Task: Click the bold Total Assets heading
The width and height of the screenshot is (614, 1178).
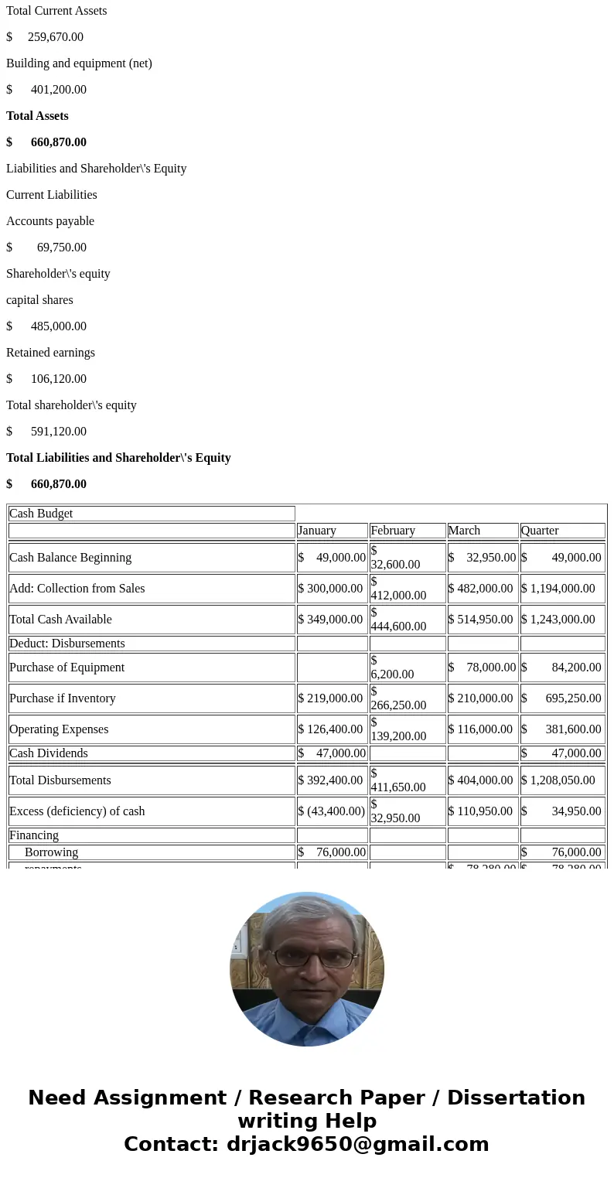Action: [x=37, y=116]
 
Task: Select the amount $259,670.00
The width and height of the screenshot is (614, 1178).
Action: [x=45, y=37]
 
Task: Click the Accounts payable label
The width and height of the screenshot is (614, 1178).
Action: [x=50, y=221]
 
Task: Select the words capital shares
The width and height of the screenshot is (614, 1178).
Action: [x=39, y=300]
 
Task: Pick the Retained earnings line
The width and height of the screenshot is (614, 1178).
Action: [x=50, y=353]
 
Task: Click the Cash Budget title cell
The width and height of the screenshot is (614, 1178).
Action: [x=152, y=514]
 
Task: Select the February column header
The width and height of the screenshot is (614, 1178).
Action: [x=407, y=531]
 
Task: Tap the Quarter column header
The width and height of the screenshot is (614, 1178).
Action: [x=562, y=531]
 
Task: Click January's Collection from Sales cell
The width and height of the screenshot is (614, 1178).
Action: [x=332, y=589]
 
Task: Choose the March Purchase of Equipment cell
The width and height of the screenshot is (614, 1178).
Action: [x=483, y=668]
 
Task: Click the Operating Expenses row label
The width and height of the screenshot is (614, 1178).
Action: [x=59, y=729]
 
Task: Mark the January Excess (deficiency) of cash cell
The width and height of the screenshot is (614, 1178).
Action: [x=332, y=811]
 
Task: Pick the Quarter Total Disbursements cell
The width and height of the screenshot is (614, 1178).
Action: [x=562, y=780]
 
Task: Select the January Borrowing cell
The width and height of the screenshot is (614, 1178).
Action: [x=332, y=852]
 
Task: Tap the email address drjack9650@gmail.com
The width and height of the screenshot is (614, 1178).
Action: [x=357, y=1145]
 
